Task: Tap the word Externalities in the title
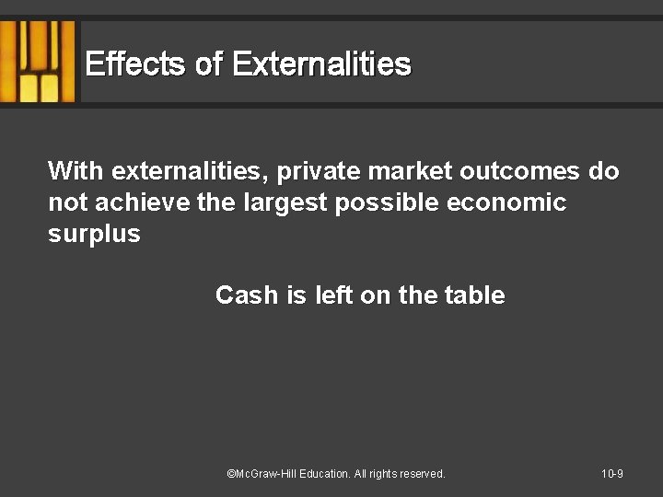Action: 321,64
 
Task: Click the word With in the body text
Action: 76,171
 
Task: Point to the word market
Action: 410,171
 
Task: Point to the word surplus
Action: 94,234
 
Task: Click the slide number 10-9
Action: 612,474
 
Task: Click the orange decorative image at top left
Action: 38,62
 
